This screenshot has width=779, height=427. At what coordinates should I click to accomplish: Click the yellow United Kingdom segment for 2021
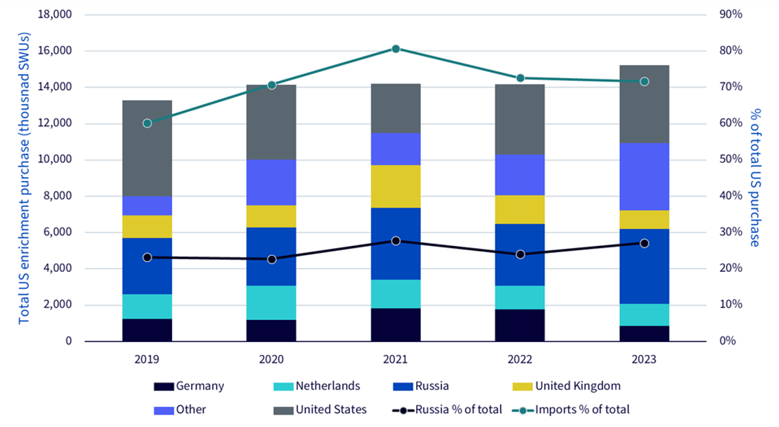tap(396, 186)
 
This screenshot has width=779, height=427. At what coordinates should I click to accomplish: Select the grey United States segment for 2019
tap(147, 149)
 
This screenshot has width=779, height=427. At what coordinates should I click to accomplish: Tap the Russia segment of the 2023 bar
tap(645, 266)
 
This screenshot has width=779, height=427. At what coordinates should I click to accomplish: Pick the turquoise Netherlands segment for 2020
tap(271, 303)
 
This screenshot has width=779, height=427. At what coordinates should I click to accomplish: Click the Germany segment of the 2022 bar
tap(520, 326)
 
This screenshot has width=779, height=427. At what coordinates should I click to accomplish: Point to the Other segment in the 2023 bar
tap(645, 177)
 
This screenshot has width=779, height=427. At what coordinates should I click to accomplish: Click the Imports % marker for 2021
tap(396, 49)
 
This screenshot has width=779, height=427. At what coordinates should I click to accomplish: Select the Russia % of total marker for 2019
tap(147, 258)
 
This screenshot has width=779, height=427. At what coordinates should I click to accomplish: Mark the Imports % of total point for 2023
tap(645, 82)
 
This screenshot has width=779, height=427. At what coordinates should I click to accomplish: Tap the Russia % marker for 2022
tap(520, 254)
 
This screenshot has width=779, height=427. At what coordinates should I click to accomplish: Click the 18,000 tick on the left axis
tap(55, 14)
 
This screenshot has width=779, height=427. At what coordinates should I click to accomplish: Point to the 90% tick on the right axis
tap(731, 14)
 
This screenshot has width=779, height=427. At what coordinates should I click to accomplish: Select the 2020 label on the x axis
tap(271, 360)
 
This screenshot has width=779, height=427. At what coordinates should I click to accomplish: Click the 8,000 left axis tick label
tap(57, 196)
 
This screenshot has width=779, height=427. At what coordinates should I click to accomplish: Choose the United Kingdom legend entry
tap(567, 386)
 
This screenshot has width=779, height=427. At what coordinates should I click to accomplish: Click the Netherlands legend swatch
tap(284, 387)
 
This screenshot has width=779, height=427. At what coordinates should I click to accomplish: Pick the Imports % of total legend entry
tap(571, 409)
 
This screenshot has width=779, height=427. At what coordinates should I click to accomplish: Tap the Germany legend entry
tap(189, 386)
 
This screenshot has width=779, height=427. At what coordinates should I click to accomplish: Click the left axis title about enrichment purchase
tap(24, 178)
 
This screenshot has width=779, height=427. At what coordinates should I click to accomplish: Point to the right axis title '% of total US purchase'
tap(755, 178)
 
